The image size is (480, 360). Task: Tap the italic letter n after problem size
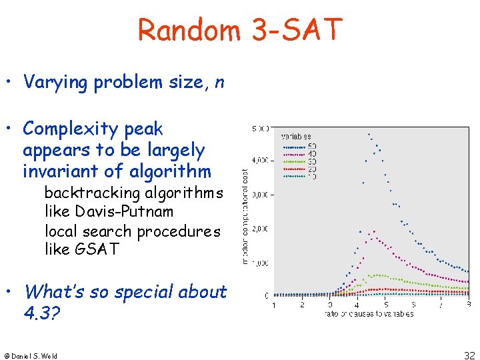pos(219,82)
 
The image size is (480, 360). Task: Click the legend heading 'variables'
pos(295,137)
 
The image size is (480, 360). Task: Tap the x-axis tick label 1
pos(273,305)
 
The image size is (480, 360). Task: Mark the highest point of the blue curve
pos(369,133)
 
